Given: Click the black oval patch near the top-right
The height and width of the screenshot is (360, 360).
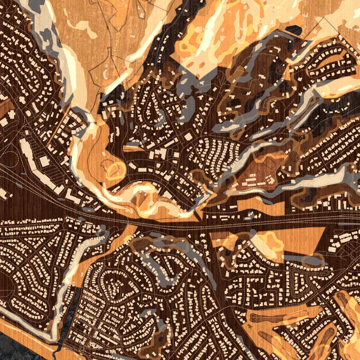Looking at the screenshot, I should pyautogui.click(x=294, y=29).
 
